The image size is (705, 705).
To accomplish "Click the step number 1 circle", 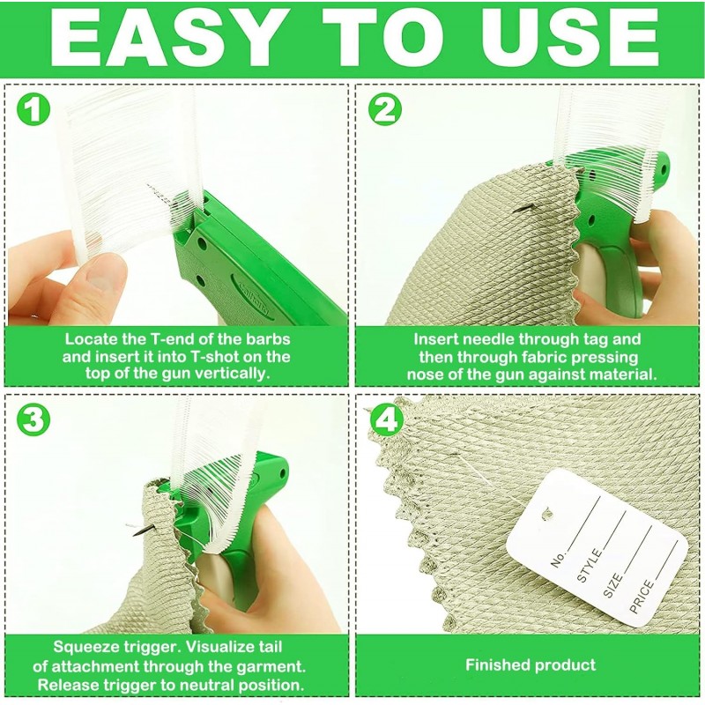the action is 33,109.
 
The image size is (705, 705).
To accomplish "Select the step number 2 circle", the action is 385,109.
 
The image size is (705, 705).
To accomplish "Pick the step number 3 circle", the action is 33,419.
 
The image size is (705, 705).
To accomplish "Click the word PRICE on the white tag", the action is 642,597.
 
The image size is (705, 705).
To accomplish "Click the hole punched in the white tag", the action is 547,514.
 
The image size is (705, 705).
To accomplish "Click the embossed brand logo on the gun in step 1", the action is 253,294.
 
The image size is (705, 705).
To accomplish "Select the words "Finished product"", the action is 531,665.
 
